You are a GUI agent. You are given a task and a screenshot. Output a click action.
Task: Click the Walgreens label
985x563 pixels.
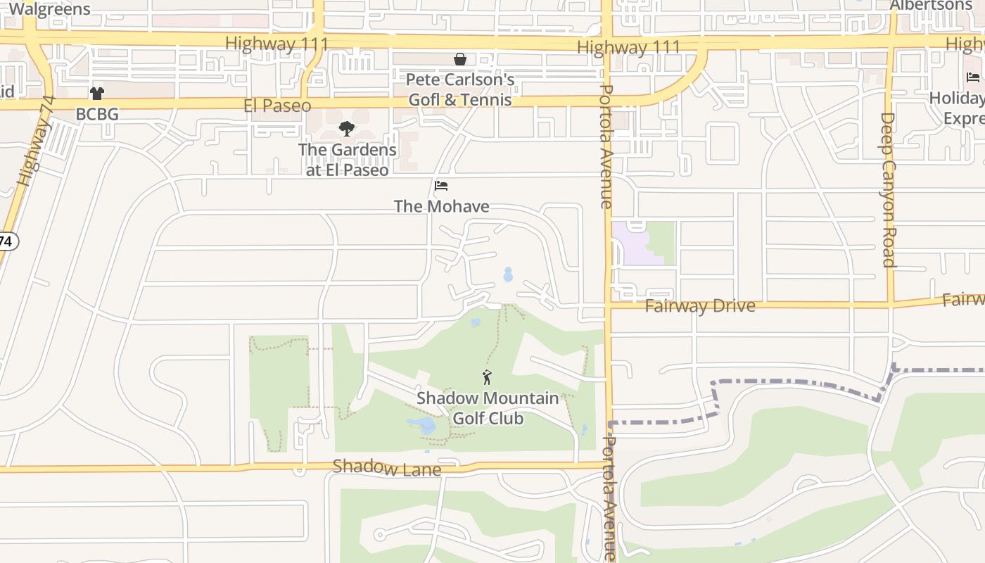pos(50,9)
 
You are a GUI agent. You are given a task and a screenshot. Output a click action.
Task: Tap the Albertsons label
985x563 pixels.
pos(930,6)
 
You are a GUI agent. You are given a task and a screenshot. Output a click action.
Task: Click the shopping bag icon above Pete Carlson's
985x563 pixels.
pos(460,59)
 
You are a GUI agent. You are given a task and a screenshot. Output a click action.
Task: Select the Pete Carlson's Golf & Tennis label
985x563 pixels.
pos(460,89)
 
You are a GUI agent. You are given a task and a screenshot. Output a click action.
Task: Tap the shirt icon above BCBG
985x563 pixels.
pos(97,94)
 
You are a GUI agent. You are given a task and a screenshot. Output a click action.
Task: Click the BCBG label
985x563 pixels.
pos(97,114)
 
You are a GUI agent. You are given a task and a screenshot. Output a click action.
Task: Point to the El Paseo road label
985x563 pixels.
pos(277,106)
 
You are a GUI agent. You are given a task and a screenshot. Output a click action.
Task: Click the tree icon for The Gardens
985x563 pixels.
pos(346,129)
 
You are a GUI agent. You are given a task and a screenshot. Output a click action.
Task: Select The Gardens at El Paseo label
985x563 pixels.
pos(348,160)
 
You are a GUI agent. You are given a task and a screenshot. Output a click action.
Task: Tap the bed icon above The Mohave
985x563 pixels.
pos(441,186)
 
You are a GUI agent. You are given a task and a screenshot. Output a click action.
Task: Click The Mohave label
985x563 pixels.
pos(441,206)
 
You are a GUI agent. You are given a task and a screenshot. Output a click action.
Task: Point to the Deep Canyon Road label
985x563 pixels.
pos(888,190)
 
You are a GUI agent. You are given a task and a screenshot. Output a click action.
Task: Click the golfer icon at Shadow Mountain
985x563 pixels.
pos(487,378)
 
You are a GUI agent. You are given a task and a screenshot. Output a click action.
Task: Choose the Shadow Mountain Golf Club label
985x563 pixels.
pos(488,408)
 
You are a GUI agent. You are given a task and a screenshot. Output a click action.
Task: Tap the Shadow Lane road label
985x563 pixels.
pos(387,467)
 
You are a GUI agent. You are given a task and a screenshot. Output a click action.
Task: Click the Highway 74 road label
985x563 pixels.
pos(35,151)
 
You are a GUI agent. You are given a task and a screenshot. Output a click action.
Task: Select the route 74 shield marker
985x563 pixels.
pos(6,241)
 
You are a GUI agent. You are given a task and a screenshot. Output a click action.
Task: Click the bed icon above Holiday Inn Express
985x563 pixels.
pos(973,77)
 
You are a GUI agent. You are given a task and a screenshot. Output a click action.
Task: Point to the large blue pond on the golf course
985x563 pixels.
pos(422,425)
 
